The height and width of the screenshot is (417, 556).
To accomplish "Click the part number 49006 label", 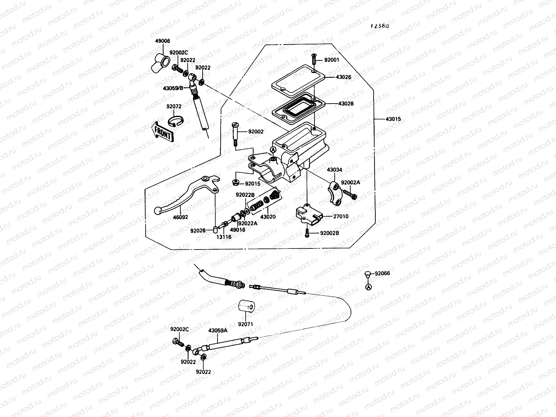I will (163, 41).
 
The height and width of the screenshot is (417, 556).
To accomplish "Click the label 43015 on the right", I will (393, 119).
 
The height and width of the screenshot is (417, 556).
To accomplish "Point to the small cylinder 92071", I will (246, 306).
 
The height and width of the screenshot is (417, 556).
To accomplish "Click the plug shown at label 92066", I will (368, 274).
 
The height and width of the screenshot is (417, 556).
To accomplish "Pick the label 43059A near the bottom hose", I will (218, 330).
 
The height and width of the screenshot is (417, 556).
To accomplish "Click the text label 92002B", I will (329, 233).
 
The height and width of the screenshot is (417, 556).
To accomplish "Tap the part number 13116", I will (224, 237).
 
